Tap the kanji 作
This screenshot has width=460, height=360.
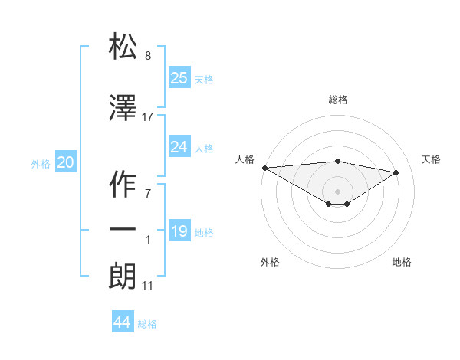pyautogui.click(x=123, y=185)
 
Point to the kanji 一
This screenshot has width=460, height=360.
pyautogui.click(x=123, y=229)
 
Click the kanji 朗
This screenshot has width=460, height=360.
pyautogui.click(x=123, y=276)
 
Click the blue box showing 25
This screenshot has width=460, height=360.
pyautogui.click(x=179, y=77)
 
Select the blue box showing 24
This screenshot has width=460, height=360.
pyautogui.click(x=179, y=146)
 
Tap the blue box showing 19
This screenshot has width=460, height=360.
pyautogui.click(x=179, y=231)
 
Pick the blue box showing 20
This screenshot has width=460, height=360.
pyautogui.click(x=66, y=162)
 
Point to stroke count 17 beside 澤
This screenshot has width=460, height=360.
pyautogui.click(x=148, y=117)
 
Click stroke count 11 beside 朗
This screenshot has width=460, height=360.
pyautogui.click(x=147, y=286)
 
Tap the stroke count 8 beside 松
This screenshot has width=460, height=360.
pyautogui.click(x=148, y=56)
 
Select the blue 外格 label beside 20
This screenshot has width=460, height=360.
pyautogui.click(x=40, y=163)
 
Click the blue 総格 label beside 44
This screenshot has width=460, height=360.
pyautogui.click(x=147, y=324)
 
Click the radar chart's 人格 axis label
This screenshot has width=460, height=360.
pyautogui.click(x=245, y=159)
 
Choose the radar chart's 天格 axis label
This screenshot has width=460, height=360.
pyautogui.click(x=431, y=159)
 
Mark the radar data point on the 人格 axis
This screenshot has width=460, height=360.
pyautogui.click(x=264, y=168)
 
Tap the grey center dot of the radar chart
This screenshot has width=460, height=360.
pyautogui.click(x=337, y=190)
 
